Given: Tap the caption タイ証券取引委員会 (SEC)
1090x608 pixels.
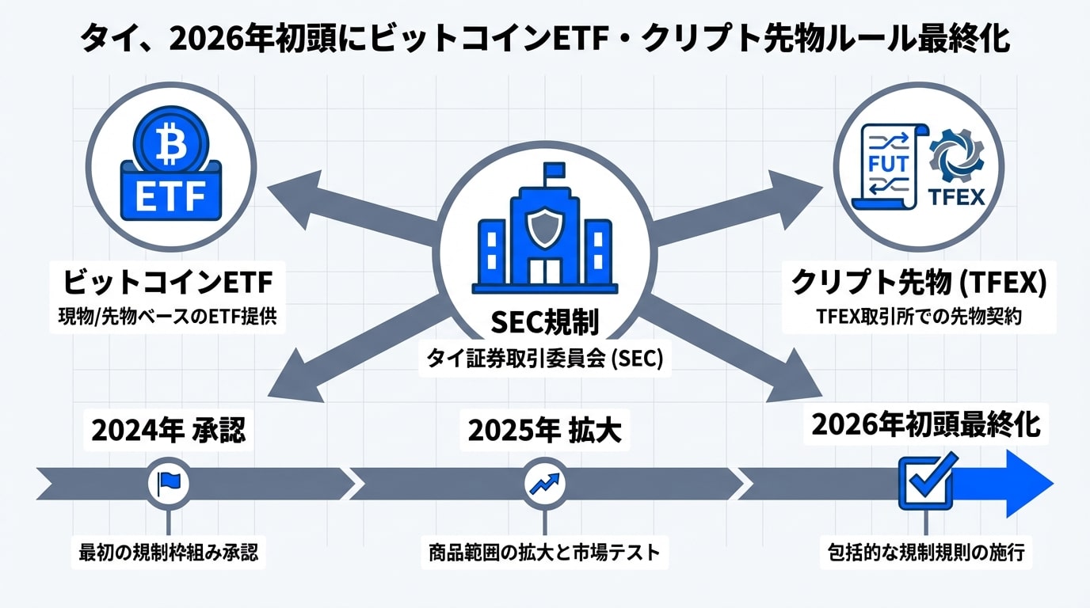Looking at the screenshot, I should pyautogui.click(x=544, y=359).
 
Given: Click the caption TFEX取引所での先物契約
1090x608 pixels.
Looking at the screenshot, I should pyautogui.click(x=919, y=317).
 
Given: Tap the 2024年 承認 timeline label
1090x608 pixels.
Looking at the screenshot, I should pyautogui.click(x=168, y=431).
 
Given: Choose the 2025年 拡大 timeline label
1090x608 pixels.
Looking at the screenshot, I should pyautogui.click(x=544, y=431).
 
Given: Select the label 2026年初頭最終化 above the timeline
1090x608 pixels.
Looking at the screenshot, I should pyautogui.click(x=926, y=425).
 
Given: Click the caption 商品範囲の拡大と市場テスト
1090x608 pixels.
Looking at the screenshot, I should pyautogui.click(x=544, y=552).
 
